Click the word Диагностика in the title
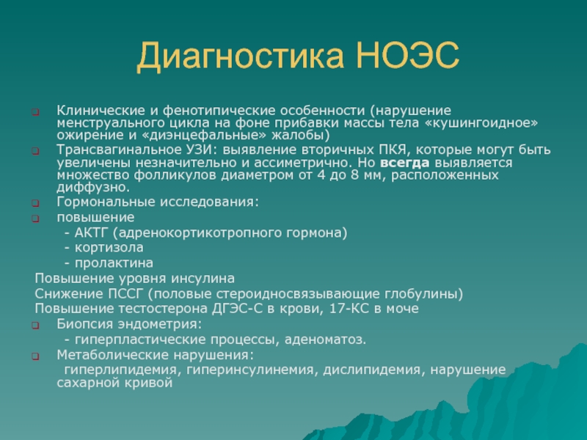pos(240,56)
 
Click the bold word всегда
pos(405,163)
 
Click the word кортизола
pos(109,248)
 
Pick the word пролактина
pos(114,263)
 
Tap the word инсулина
pos(203,279)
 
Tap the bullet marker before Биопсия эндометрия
pos(35,326)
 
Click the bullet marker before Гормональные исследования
pos(35,203)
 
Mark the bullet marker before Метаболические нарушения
pos(35,356)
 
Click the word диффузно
pos(93,187)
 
